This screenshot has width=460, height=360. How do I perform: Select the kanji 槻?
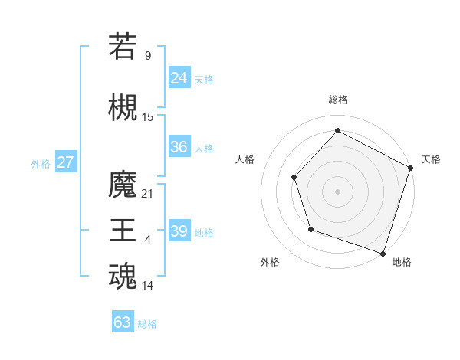[x=123, y=106]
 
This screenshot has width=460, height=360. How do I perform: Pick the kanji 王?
[x=123, y=231]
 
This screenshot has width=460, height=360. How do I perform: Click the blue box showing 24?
[x=179, y=77]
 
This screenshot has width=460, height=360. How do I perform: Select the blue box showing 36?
[x=179, y=147]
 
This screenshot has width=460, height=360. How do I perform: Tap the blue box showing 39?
[x=179, y=231]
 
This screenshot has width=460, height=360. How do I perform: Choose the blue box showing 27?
[x=65, y=162]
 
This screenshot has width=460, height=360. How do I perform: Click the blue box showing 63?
[x=122, y=322]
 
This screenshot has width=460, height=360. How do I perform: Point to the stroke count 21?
[x=148, y=194]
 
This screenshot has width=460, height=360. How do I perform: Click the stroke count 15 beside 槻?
[x=148, y=116]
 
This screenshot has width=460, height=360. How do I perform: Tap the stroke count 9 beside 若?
[x=148, y=55]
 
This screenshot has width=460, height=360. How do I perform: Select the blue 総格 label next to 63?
[x=148, y=323]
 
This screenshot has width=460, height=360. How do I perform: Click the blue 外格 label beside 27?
[x=41, y=163]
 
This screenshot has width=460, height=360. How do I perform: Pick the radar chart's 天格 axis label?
[x=431, y=159]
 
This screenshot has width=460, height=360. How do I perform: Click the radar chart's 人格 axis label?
[x=245, y=159]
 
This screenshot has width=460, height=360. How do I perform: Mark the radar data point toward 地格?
[x=383, y=252]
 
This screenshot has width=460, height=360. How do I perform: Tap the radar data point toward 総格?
[x=337, y=130]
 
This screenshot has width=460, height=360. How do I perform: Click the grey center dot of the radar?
[x=337, y=191]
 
